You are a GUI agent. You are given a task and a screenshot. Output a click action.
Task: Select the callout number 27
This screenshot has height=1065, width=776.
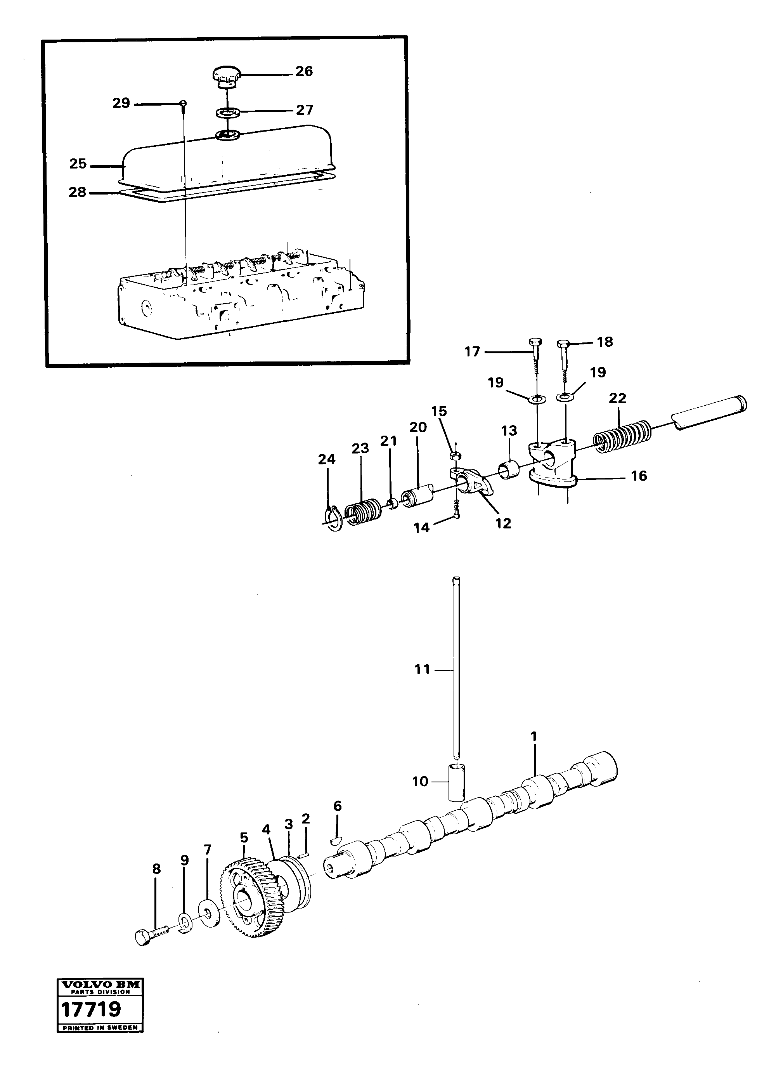click(305, 110)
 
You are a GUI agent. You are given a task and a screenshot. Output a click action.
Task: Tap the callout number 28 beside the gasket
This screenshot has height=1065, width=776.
click(78, 192)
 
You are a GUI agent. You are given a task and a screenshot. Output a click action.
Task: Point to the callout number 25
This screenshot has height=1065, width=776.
click(78, 164)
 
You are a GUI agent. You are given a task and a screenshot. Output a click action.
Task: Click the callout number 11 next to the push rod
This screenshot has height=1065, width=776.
click(422, 669)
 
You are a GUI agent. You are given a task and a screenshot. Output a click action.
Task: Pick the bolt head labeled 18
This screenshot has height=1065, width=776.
click(564, 344)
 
